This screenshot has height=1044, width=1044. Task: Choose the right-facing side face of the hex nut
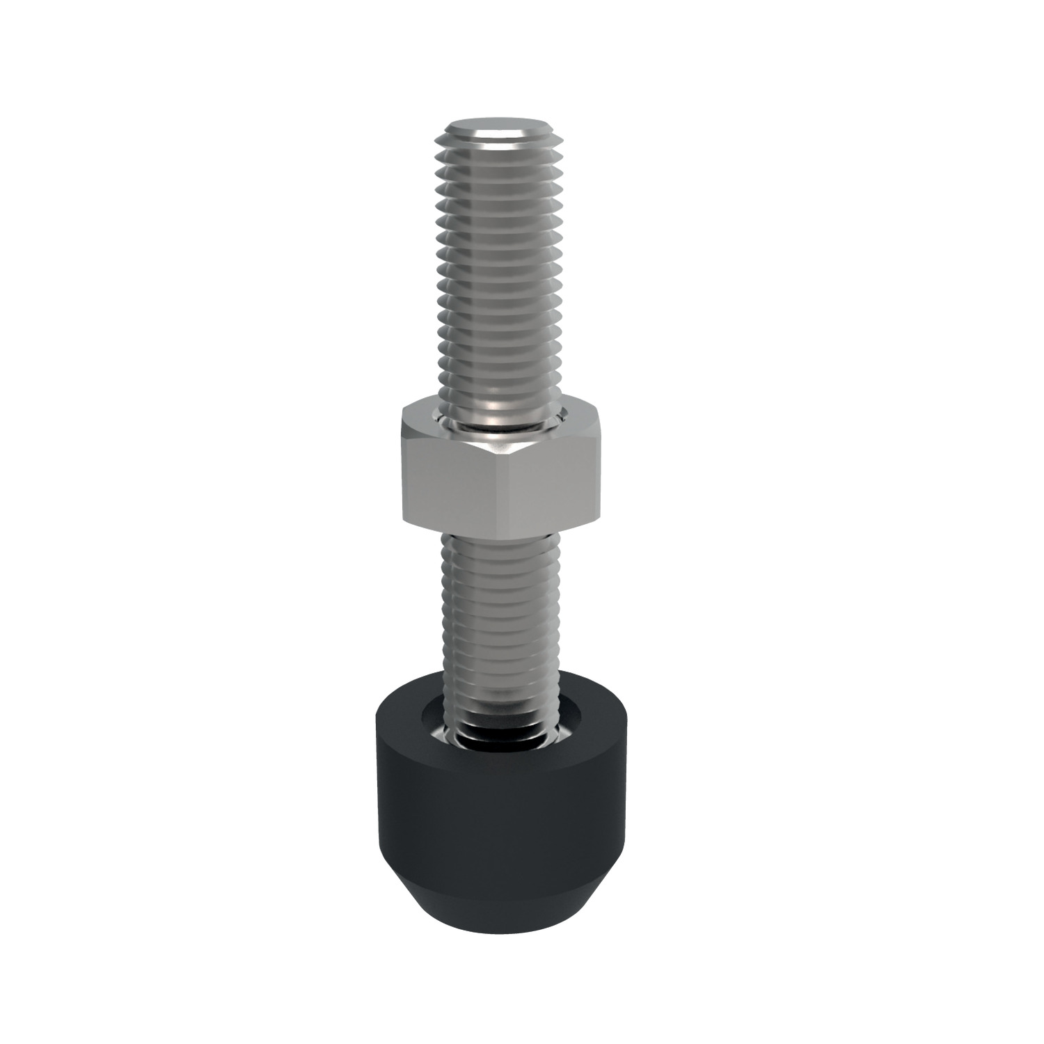[557, 480]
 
